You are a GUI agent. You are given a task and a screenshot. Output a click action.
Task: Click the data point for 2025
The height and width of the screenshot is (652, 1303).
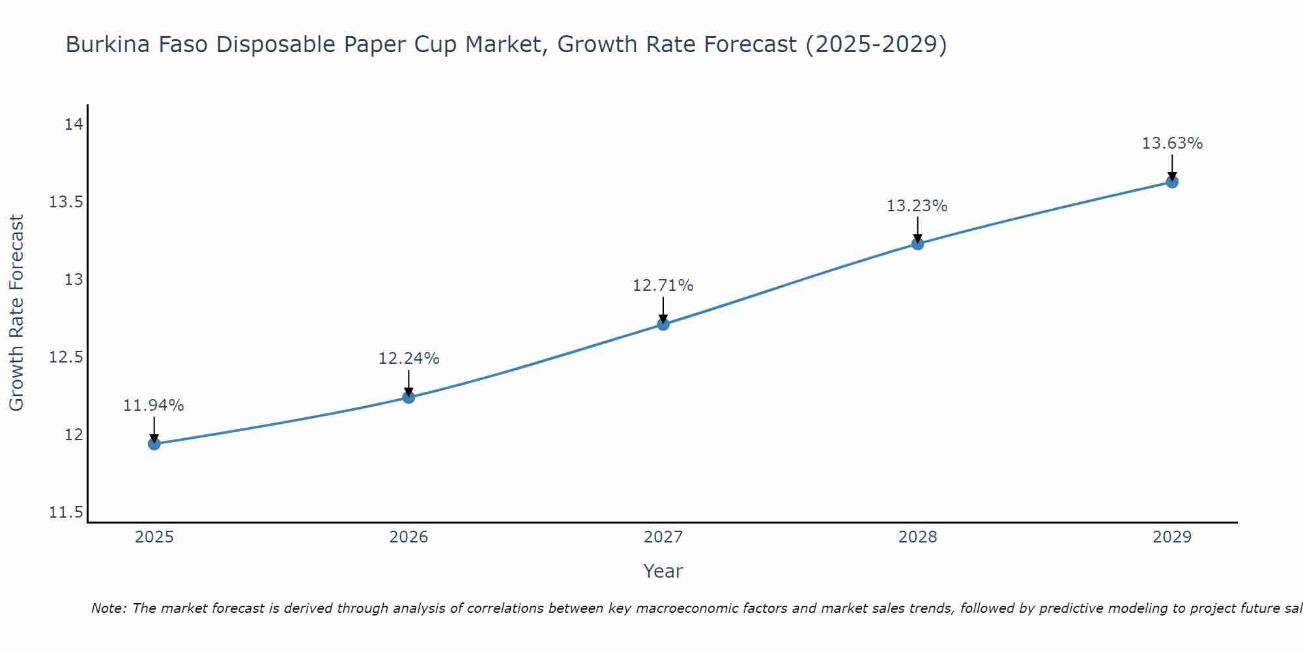(x=154, y=444)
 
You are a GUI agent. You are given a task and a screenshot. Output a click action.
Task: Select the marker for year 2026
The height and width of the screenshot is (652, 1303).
(x=408, y=397)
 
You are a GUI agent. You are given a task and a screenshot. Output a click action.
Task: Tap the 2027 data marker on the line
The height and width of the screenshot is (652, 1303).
(x=663, y=324)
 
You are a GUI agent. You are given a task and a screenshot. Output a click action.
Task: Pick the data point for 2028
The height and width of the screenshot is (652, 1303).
(x=917, y=244)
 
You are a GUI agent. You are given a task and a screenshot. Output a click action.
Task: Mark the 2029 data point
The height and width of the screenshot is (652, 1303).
(x=1172, y=182)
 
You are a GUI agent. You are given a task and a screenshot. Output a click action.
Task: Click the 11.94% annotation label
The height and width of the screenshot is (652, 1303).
(x=154, y=406)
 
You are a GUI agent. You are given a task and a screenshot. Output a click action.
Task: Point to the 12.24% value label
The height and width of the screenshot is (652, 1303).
(x=408, y=359)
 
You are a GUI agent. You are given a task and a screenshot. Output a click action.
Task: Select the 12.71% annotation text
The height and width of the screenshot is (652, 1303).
(x=663, y=286)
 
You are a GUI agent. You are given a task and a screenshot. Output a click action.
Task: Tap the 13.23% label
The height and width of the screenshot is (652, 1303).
(x=917, y=206)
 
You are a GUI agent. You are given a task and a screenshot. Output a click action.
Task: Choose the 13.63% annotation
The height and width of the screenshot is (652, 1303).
(x=1172, y=143)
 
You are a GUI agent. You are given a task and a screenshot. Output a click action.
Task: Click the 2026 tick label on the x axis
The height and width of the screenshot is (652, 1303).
(x=408, y=537)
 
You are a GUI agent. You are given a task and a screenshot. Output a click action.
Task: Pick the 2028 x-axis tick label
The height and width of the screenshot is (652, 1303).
(x=917, y=537)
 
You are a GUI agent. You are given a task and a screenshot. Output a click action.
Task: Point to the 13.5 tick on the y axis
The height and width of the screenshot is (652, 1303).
(x=66, y=202)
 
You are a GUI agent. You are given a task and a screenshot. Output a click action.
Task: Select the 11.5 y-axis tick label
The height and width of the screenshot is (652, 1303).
(x=66, y=512)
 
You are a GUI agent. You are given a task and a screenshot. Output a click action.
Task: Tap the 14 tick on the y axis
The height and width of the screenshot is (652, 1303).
(x=74, y=125)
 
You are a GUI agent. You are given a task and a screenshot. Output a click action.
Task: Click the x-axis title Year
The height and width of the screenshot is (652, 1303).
(x=663, y=571)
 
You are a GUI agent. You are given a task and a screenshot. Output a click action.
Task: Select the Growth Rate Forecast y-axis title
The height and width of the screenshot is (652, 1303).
(x=17, y=313)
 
